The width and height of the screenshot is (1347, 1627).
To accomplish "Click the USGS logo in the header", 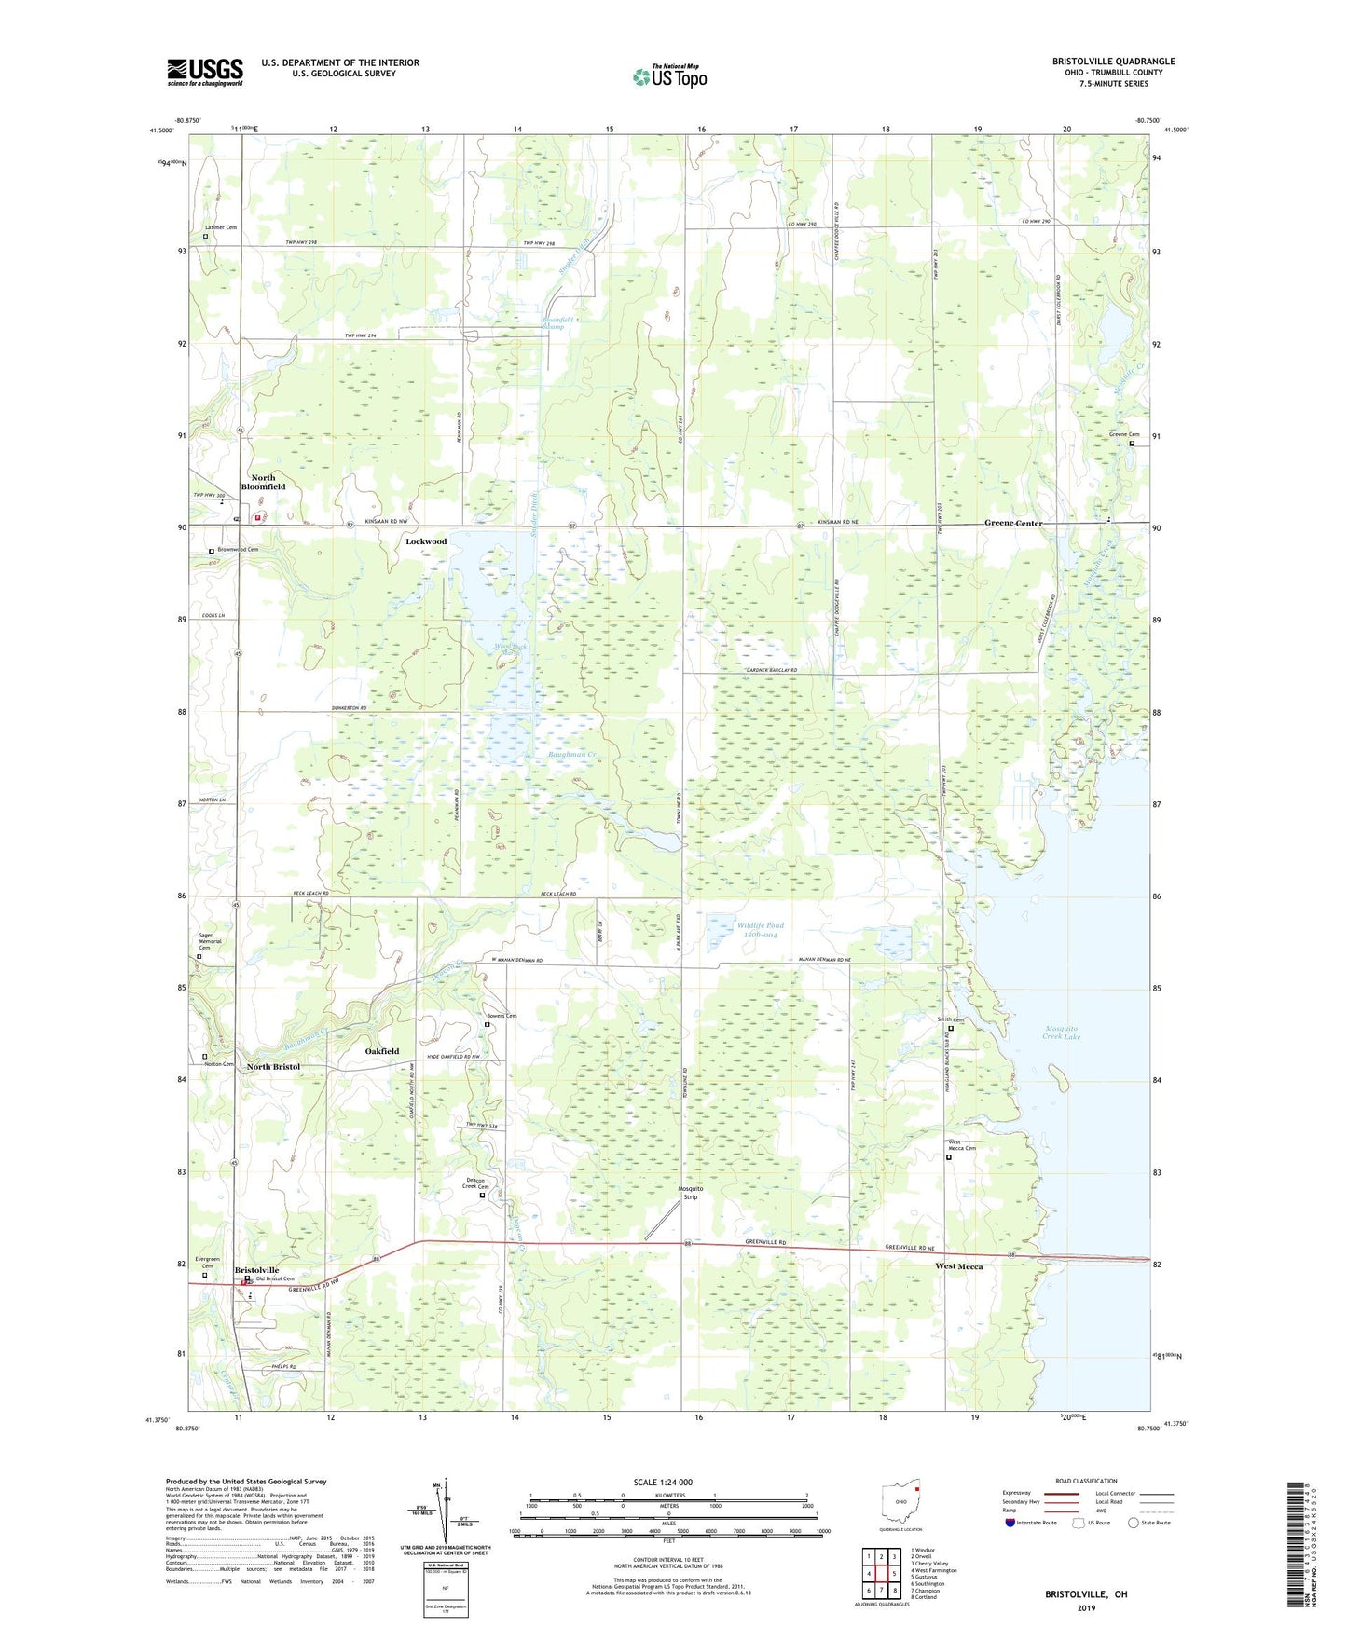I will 205,71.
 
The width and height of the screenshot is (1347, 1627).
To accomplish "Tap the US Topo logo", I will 668,76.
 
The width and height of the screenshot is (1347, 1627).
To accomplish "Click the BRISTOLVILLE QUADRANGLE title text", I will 1100,62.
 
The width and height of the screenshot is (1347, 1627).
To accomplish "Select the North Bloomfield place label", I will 263,482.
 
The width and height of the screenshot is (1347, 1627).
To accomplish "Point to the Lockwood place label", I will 426,541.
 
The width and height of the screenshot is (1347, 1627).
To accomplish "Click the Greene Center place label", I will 1013,524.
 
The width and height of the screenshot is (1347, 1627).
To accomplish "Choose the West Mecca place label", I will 959,1266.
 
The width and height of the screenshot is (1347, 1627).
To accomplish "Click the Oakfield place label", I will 382,1051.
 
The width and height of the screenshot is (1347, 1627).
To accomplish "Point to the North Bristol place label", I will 273,1066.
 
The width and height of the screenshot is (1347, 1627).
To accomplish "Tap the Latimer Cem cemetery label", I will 221,227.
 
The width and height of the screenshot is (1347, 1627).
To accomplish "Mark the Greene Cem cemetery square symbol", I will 1133,444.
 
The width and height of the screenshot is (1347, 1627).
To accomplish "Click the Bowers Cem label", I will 502,1016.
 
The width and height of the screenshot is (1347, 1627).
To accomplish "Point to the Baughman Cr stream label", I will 572,754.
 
